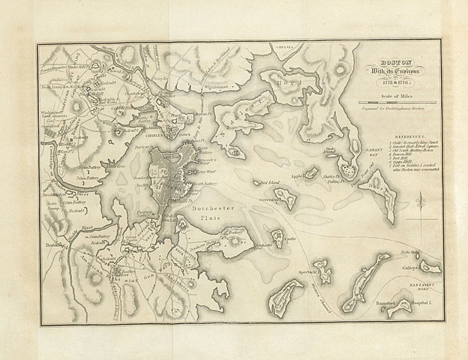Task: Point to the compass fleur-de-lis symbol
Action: coord(421,200)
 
